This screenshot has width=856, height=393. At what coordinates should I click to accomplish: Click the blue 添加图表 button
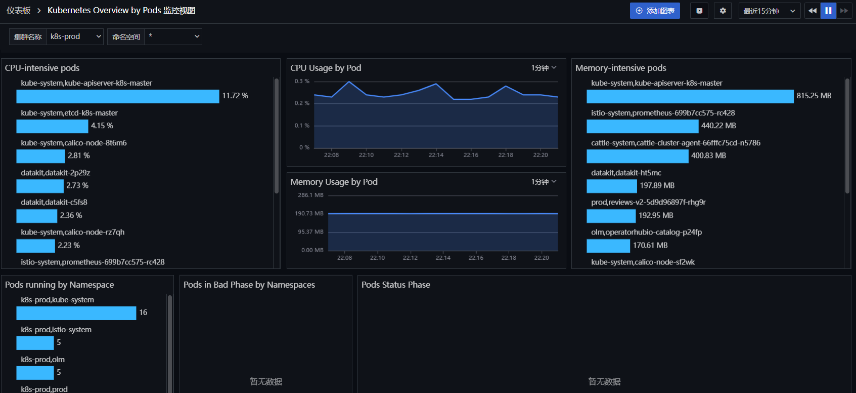click(x=655, y=11)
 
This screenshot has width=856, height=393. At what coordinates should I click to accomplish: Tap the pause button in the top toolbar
click(x=828, y=11)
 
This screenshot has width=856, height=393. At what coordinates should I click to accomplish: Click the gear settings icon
click(x=723, y=11)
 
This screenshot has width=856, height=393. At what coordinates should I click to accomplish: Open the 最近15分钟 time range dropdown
click(x=769, y=11)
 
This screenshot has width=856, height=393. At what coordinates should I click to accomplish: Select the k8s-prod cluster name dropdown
click(x=75, y=37)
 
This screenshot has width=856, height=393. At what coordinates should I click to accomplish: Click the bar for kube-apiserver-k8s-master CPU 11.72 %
click(x=118, y=96)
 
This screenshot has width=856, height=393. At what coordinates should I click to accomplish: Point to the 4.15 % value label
click(x=102, y=126)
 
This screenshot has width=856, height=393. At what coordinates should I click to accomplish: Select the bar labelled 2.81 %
click(x=40, y=156)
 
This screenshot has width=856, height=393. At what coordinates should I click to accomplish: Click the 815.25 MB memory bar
click(x=690, y=96)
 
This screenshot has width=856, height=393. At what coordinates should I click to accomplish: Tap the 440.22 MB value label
click(x=718, y=126)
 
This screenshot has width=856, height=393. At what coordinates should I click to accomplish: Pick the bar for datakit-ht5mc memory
click(x=612, y=186)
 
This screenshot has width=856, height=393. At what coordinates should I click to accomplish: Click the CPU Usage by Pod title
click(x=326, y=68)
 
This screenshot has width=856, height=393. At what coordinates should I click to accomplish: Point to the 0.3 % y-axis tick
click(x=302, y=81)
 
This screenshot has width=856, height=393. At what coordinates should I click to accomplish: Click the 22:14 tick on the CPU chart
click(x=436, y=155)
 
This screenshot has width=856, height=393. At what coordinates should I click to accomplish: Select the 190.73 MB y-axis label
click(x=309, y=213)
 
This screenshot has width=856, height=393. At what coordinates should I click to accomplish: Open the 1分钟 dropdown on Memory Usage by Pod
click(x=544, y=182)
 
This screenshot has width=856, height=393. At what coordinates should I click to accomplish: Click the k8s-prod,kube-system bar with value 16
click(x=76, y=313)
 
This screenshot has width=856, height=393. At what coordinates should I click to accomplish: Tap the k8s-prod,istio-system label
click(x=56, y=330)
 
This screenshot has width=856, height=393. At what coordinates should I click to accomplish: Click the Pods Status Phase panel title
click(x=396, y=285)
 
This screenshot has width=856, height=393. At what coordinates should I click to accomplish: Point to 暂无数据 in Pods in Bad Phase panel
click(x=266, y=381)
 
